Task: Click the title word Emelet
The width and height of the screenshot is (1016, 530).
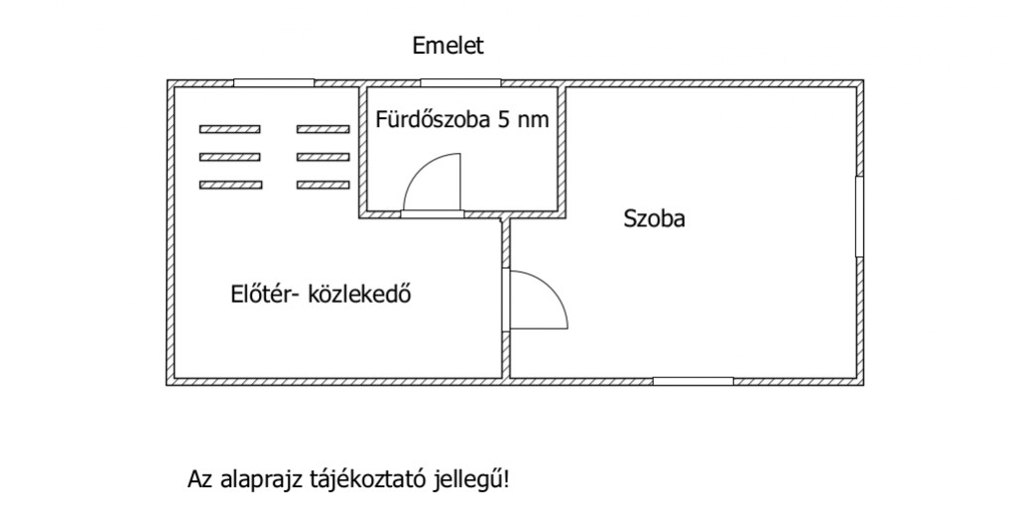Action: [447, 46]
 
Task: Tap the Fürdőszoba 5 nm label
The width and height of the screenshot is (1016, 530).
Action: [462, 120]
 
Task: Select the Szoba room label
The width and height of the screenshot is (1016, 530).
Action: [654, 219]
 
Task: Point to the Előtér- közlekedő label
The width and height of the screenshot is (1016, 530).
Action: [320, 294]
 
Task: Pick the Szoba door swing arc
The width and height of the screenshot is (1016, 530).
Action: [550, 290]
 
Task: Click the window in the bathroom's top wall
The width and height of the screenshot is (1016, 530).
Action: [460, 83]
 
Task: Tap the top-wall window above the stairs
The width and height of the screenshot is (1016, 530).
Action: [274, 83]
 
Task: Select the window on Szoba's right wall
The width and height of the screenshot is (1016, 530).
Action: [860, 216]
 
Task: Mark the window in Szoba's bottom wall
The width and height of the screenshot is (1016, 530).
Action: [694, 381]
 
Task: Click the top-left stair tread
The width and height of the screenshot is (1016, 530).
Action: [230, 130]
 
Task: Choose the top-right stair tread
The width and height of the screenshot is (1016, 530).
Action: [323, 130]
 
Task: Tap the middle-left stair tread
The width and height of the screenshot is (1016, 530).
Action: [230, 157]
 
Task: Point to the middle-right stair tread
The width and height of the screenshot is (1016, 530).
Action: [323, 157]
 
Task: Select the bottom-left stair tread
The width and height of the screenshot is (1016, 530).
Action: [230, 185]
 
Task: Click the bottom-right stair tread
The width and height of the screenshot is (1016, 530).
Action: [323, 185]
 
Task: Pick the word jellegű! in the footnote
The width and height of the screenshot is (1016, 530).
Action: [471, 480]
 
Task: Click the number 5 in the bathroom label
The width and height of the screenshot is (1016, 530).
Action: [503, 120]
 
